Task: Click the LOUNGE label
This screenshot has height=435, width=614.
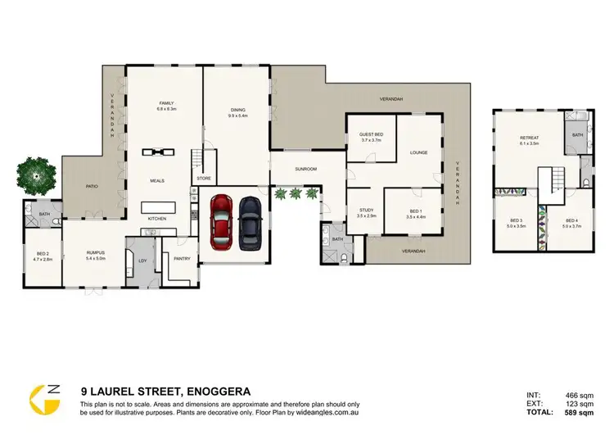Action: (x=419, y=152)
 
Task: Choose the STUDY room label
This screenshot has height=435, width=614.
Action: (x=366, y=211)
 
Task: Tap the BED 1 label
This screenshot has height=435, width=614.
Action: (x=415, y=211)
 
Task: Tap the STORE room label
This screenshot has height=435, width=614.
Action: (x=202, y=178)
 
